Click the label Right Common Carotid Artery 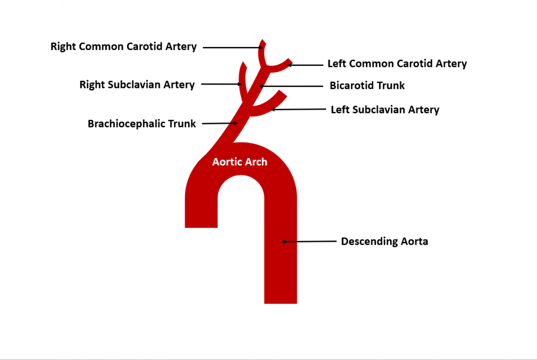pos(124,47)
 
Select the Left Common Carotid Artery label pos(397,64)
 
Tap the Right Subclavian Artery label pos(137,85)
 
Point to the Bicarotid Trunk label pos(367,86)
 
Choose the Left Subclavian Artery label pos(385,110)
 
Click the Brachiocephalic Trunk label pos(142,124)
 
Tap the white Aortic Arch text pos(240,162)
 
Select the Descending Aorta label pos(384,242)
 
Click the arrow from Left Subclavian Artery pos(297,110)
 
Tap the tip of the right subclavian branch pos(242,64)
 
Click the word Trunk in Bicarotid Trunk pos(391,86)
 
